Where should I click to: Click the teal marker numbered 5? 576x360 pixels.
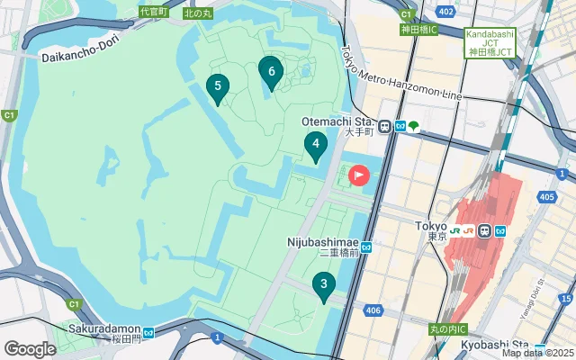click(216, 87)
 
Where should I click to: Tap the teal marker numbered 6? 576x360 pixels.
click(271, 69)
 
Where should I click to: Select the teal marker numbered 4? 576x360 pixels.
click(315, 144)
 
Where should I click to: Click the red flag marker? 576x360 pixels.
click(359, 175)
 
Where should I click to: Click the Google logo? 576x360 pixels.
click(31, 348)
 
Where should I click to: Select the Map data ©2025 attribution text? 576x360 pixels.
click(537, 353)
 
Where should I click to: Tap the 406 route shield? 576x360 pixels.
click(374, 310)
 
